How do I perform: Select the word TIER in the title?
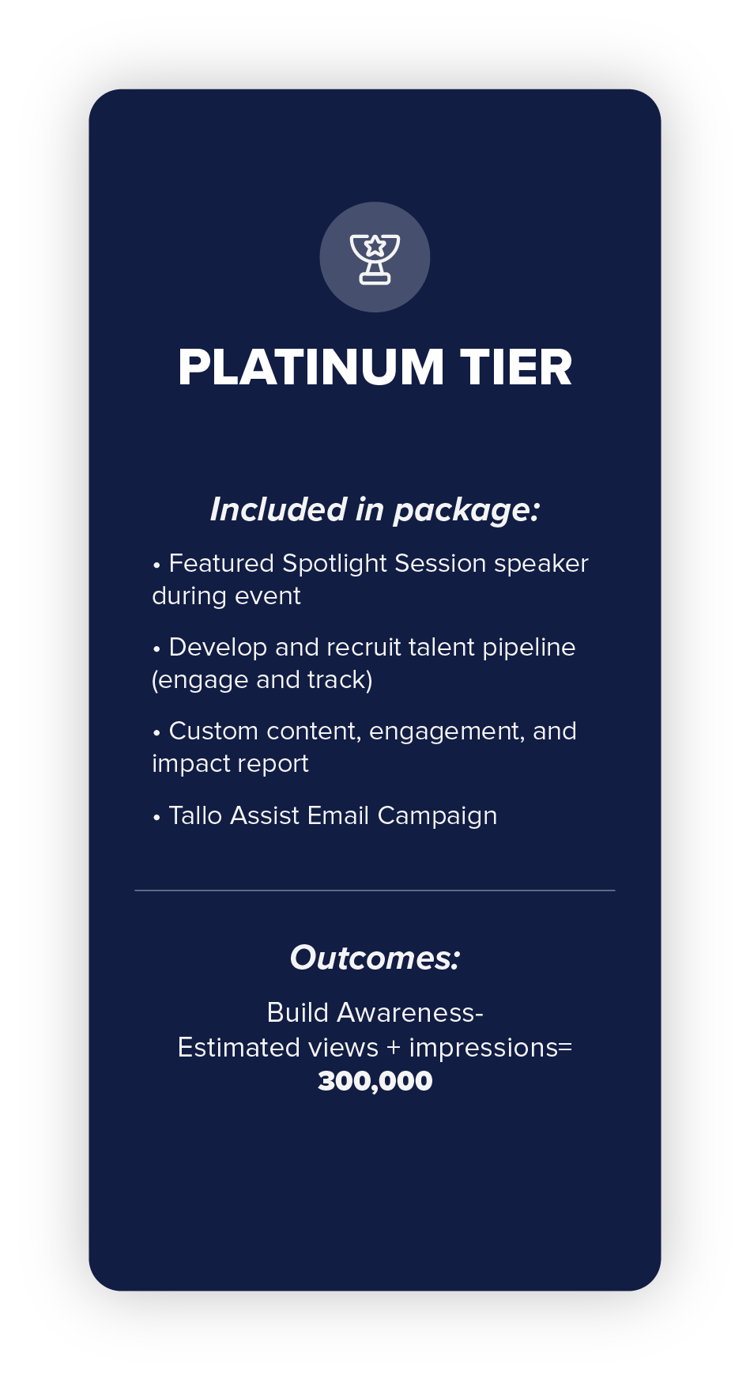516,368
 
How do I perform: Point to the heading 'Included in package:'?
375,510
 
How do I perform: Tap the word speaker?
541,564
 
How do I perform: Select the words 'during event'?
226,595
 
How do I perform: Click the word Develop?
218,648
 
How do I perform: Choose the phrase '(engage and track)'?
262,680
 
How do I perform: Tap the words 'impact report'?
230,764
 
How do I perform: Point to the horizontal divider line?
375,890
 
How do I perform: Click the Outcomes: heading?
375,958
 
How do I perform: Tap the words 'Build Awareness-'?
375,1012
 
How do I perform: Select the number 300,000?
375,1081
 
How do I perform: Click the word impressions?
484,1048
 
